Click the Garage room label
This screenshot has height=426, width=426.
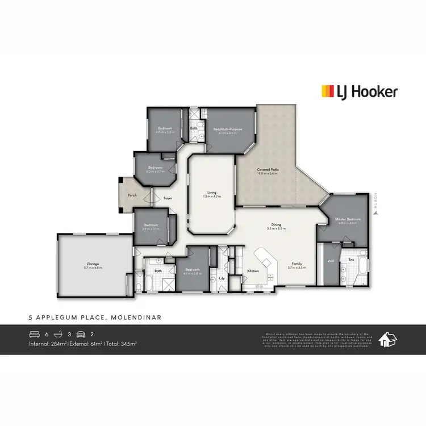pos(94,264)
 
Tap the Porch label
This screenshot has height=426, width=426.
pos(132,195)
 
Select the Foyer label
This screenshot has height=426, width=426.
pos(168,199)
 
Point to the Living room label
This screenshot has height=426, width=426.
pos(212,193)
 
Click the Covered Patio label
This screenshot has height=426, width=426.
pos(267,170)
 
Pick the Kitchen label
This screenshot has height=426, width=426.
pos(253,271)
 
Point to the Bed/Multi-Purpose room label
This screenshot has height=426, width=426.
pos(228,129)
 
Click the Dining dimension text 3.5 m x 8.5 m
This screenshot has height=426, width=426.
pos(277,228)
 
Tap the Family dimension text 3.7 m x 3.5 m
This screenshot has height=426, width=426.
pos(296,267)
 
